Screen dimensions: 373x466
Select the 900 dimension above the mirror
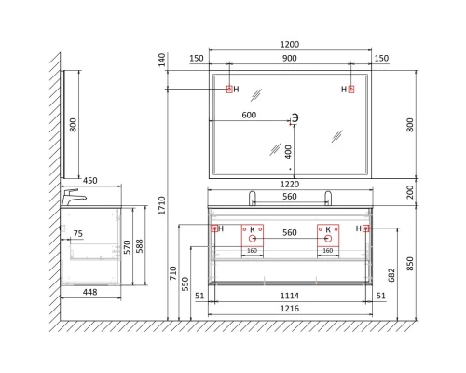(x=289, y=59)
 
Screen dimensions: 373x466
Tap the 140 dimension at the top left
(x=161, y=58)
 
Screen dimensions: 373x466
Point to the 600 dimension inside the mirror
(x=249, y=116)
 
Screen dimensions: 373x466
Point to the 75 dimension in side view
(x=77, y=234)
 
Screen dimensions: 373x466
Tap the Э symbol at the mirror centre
(x=295, y=117)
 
